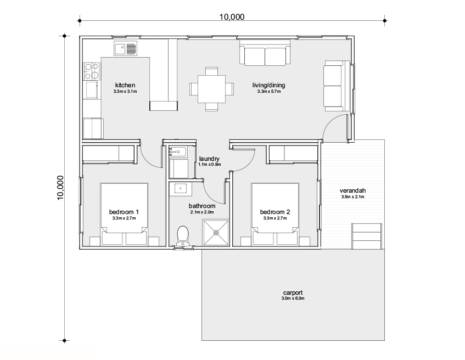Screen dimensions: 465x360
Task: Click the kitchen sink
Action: (125, 48)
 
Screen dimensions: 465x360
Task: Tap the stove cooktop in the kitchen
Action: (92, 71)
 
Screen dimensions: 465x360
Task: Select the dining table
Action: (212, 89)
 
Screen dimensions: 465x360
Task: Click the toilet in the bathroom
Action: (183, 236)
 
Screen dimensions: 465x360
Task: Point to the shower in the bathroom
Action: (216, 233)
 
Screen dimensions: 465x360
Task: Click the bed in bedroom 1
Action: (124, 214)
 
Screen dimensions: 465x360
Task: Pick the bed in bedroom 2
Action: (275, 214)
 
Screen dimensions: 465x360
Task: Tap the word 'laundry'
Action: (209, 159)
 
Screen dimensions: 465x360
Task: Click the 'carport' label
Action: (293, 293)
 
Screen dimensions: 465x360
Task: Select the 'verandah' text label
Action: (352, 190)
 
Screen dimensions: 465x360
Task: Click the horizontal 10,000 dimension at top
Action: (232, 17)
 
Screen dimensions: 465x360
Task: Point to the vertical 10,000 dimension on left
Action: (60, 188)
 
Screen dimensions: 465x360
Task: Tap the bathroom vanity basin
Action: (180, 189)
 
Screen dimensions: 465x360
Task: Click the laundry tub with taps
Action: (178, 152)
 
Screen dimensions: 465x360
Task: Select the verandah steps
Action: (366, 236)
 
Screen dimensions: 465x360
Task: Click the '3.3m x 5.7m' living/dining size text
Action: (269, 91)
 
